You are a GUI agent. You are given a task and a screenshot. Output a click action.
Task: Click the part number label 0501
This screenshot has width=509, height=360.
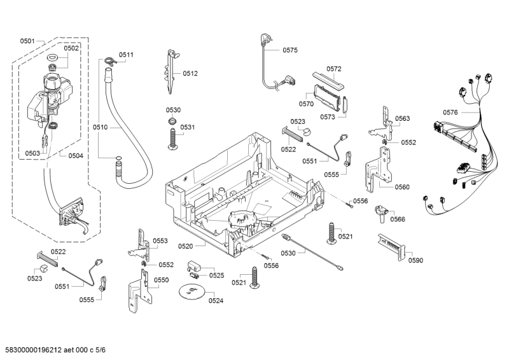27,41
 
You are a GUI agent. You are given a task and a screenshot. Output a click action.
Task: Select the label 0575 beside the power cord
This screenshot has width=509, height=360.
290,50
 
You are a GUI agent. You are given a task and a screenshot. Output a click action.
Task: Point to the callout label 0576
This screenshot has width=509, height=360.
450,113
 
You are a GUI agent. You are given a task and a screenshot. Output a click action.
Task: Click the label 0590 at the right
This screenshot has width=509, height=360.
415,260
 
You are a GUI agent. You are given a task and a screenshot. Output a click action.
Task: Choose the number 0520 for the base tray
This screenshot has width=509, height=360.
186,246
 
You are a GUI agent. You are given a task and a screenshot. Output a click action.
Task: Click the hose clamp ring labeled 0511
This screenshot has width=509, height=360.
109,61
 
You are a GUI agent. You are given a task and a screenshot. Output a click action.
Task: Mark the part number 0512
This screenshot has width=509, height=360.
190,73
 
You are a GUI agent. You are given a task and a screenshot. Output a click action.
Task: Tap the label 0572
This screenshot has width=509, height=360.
334,69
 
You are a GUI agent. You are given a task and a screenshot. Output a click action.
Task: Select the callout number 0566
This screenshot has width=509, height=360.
398,219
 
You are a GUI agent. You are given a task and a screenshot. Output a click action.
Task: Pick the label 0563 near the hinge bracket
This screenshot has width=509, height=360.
402,118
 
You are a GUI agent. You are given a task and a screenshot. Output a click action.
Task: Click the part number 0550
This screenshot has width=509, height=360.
162,280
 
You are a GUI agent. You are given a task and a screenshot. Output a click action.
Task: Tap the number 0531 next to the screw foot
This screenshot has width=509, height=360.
187,127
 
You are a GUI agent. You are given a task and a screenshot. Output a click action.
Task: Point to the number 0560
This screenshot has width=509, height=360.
402,187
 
